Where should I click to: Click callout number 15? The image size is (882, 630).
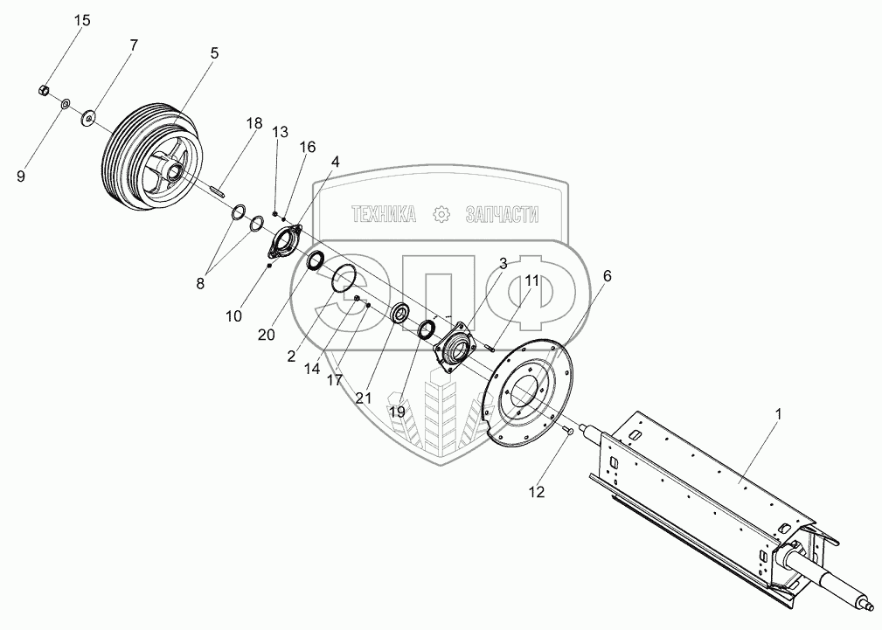coord(81,20)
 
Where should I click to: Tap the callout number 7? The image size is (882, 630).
coord(133,45)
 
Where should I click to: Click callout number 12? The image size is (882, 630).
coord(536,492)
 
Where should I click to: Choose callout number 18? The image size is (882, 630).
coord(253,123)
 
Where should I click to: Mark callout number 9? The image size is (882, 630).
coord(21,175)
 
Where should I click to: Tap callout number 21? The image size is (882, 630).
coord(363,398)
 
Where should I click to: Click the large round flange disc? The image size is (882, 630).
coord(520,393)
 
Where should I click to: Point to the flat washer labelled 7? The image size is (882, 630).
coord(88,118)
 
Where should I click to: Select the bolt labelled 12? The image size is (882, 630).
coord(568,430)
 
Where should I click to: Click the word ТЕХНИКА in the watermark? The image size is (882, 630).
coord(383,214)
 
